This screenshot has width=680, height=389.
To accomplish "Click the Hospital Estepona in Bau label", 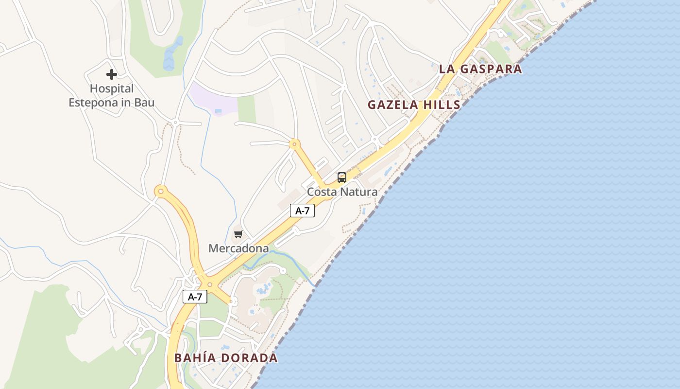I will [x=112, y=96].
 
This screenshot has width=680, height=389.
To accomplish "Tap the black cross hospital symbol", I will [x=112, y=74].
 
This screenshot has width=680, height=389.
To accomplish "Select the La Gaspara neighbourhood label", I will [x=480, y=69].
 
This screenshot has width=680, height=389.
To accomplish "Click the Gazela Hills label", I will [x=414, y=105].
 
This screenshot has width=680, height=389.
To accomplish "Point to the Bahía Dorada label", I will [x=226, y=358].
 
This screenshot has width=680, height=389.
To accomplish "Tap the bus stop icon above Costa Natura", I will [x=342, y=177].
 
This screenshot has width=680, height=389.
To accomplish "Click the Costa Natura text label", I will [x=342, y=192].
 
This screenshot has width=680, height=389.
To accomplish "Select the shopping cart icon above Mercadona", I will [x=238, y=234].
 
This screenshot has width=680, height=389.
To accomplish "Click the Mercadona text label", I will [x=238, y=248].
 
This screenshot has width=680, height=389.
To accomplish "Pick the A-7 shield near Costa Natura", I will [x=302, y=211].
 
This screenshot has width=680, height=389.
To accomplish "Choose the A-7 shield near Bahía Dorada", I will [x=195, y=297].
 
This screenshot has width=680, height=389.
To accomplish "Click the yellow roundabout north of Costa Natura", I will [x=294, y=144].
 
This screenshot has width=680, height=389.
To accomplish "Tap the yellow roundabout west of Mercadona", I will [x=161, y=191].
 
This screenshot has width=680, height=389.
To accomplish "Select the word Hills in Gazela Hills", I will [x=442, y=105].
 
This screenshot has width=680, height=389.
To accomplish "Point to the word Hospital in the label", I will [x=112, y=89].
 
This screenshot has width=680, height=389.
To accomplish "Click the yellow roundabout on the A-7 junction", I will [x=210, y=284].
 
